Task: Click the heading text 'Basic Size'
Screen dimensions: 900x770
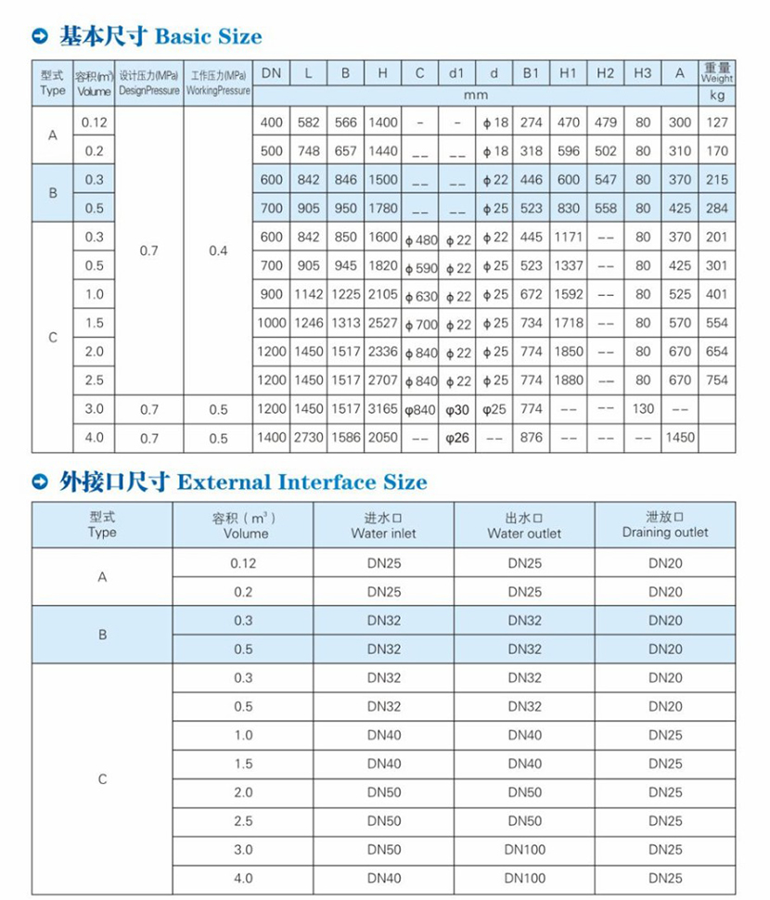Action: (x=208, y=37)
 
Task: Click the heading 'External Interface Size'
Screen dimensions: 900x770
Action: (x=302, y=482)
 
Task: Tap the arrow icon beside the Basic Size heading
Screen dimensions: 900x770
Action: (x=41, y=38)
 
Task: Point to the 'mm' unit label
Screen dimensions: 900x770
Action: (x=475, y=95)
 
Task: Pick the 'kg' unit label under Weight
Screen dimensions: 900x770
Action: (x=717, y=95)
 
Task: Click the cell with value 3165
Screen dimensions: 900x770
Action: (x=382, y=409)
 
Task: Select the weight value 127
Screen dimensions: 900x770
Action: (x=717, y=122)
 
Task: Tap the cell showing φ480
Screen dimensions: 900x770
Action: (x=420, y=239)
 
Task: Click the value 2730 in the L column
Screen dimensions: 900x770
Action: (x=308, y=438)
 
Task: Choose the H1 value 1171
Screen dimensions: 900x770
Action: (x=569, y=238)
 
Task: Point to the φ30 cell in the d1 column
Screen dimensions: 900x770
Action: (x=457, y=409)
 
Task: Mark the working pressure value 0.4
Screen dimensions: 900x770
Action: (x=218, y=251)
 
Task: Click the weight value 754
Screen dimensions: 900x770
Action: (x=717, y=380)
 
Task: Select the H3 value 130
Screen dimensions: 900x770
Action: (x=643, y=409)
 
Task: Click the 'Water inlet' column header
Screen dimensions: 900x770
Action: (x=383, y=525)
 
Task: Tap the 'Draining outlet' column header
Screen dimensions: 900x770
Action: (x=664, y=524)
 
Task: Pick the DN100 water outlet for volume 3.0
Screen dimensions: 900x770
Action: (x=524, y=850)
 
